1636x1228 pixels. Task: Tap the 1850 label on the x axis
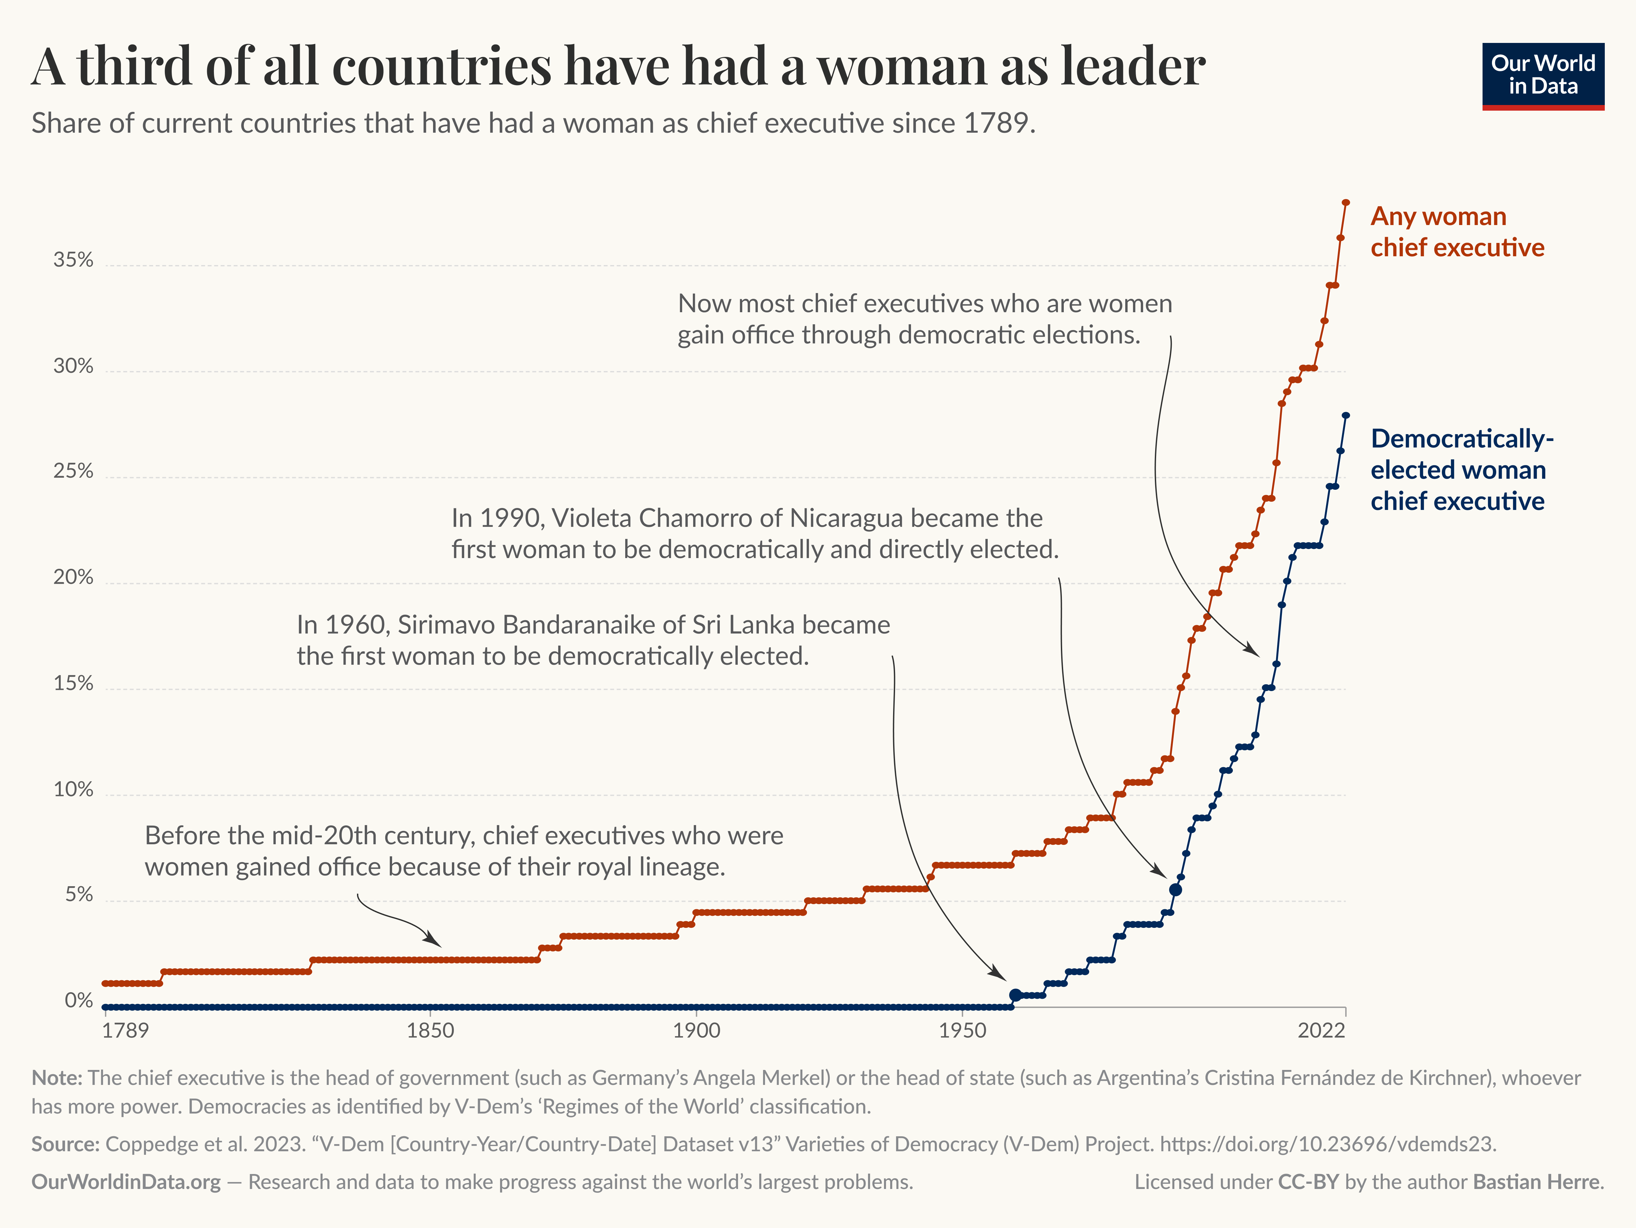(x=430, y=1031)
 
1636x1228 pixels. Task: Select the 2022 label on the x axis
(x=1321, y=1031)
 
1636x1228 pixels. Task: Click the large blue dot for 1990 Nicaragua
(x=1175, y=889)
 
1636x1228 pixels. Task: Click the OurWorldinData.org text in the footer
(x=126, y=1182)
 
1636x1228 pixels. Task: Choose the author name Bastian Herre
(x=1536, y=1182)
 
